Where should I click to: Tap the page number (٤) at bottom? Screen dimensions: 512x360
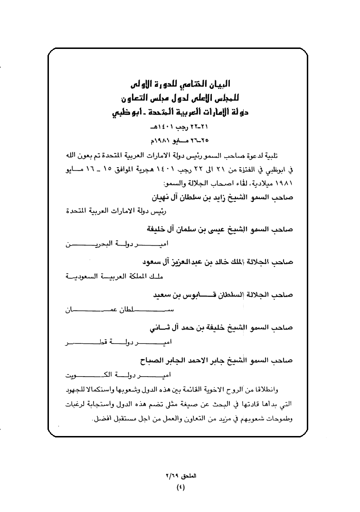pos(180,487)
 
